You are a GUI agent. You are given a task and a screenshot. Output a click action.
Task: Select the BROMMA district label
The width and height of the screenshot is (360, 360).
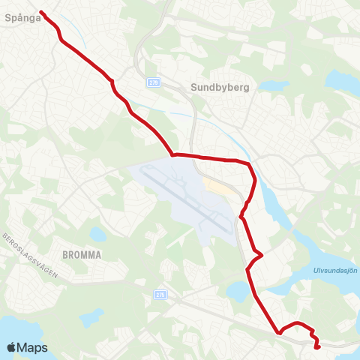coord(82,254)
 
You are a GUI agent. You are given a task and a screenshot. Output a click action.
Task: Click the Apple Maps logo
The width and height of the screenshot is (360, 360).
coord(28,347)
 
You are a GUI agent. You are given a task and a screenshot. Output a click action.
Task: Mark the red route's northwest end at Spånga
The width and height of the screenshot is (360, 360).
coord(40,12)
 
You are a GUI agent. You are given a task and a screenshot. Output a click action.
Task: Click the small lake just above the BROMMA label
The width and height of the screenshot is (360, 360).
coord(95,234)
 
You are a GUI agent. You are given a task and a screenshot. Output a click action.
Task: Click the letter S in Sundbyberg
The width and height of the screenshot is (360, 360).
coord(194,87)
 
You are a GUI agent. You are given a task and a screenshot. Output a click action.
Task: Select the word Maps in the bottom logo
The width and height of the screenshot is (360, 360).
coord(34,347)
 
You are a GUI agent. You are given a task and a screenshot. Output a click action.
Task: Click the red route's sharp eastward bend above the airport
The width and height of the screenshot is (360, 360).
coord(173,155)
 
